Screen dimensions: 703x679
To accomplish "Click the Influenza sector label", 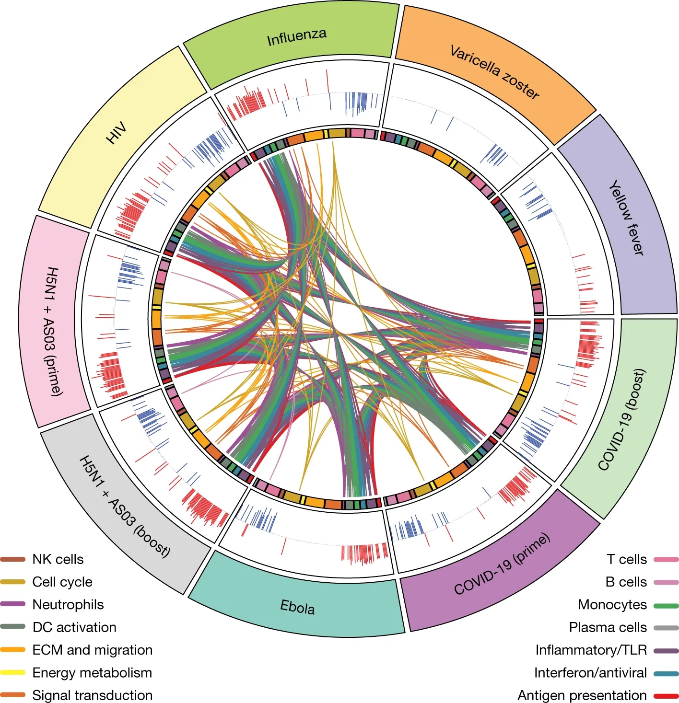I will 296,37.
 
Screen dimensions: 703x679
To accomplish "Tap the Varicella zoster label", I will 494,72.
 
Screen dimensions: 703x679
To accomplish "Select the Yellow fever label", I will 627,218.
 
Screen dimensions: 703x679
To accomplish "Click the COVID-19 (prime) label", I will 502,564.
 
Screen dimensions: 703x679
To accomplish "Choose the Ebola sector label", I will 297,607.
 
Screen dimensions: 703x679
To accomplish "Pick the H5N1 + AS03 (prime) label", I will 54,331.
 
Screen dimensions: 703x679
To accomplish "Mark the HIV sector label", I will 116,133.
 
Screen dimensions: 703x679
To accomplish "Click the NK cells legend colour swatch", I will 12,559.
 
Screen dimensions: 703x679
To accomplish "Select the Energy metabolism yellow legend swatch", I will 12,672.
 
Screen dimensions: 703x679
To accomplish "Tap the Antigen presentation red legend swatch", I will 666,695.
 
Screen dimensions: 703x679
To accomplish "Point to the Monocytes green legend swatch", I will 666,605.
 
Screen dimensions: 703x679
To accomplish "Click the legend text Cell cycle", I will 62,582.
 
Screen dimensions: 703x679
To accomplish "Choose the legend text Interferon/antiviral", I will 590,672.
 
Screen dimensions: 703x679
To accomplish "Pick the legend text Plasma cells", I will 608,627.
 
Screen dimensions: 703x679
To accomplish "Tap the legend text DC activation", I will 74,627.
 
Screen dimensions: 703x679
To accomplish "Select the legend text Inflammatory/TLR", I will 591,650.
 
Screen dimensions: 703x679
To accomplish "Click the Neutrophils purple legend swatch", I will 12,604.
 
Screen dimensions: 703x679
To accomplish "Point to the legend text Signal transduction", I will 92,695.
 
